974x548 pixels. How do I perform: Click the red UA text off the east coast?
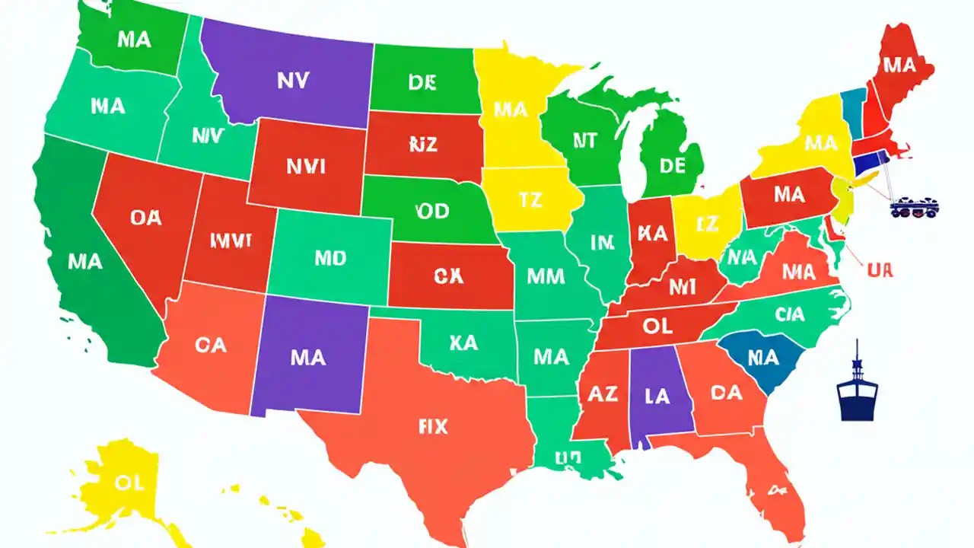click(879, 269)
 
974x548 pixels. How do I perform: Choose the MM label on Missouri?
click(546, 276)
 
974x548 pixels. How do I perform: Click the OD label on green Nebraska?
click(433, 211)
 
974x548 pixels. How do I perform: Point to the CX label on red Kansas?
click(448, 276)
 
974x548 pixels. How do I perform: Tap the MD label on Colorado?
click(330, 258)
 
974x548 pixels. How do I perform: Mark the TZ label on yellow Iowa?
click(530, 200)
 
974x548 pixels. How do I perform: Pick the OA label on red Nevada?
click(145, 218)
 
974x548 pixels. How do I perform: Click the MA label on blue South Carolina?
click(763, 356)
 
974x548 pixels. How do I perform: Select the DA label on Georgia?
click(726, 392)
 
